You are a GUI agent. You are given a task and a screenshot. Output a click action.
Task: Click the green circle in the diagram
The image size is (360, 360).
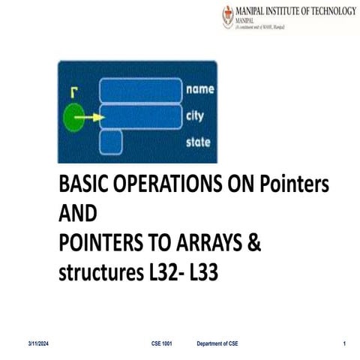click(x=73, y=118)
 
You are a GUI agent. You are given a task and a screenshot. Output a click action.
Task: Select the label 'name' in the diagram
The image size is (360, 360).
click(x=199, y=89)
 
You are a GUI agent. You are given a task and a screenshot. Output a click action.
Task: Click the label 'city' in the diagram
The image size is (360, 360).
click(x=196, y=116)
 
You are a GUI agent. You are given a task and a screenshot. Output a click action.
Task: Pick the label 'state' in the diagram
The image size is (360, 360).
click(x=199, y=142)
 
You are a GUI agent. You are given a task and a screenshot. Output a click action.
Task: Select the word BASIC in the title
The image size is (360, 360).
click(x=83, y=184)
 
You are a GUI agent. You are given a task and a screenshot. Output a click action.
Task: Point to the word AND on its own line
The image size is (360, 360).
click(x=77, y=214)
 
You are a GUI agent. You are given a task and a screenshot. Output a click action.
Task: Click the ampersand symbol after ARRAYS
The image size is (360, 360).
click(x=253, y=244)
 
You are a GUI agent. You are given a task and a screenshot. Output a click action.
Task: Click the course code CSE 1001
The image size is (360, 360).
click(x=162, y=343)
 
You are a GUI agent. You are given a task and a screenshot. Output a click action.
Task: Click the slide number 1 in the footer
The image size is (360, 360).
click(x=343, y=343)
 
